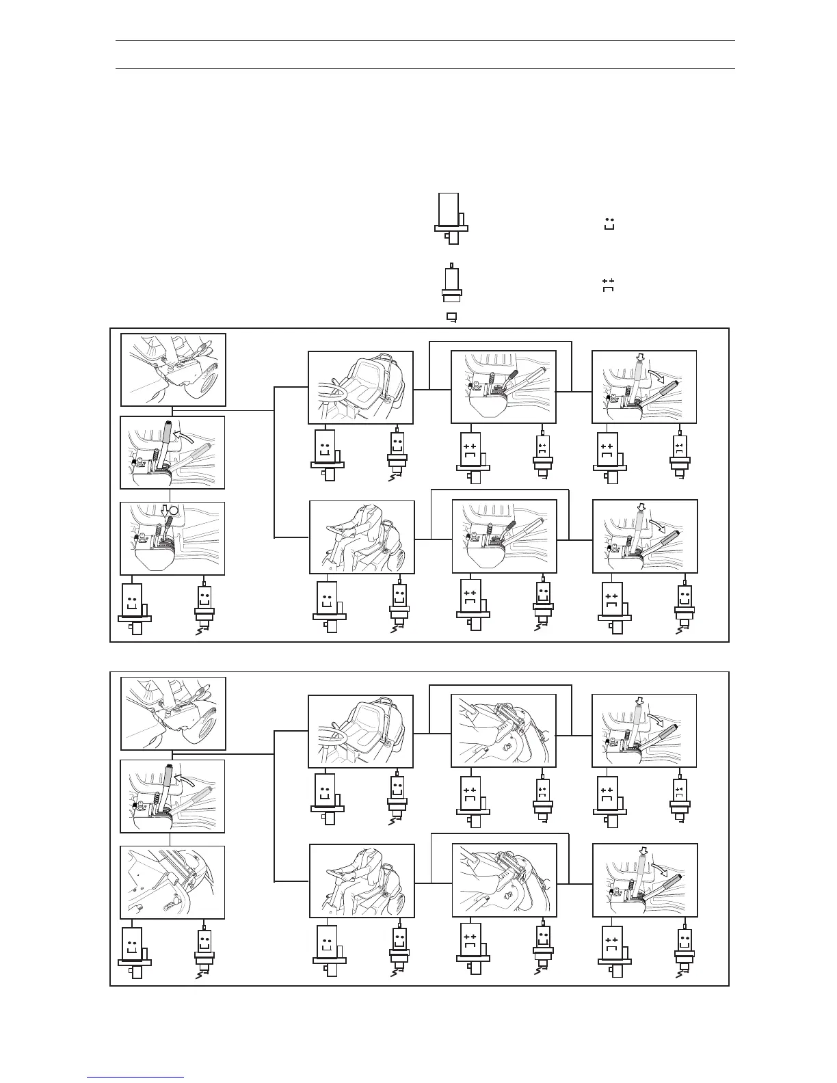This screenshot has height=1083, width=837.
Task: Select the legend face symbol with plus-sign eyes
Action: [x=608, y=285]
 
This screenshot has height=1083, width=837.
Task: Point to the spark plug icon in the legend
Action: [x=450, y=282]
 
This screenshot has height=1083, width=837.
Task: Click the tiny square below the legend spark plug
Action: [x=451, y=317]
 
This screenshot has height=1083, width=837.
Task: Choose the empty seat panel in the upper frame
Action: [x=360, y=387]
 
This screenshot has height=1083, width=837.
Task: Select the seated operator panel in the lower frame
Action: [x=362, y=881]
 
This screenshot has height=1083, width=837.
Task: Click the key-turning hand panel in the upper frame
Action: [x=173, y=370]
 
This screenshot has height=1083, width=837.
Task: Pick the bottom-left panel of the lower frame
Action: [x=172, y=882]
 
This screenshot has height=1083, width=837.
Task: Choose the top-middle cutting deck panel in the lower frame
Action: [x=503, y=730]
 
